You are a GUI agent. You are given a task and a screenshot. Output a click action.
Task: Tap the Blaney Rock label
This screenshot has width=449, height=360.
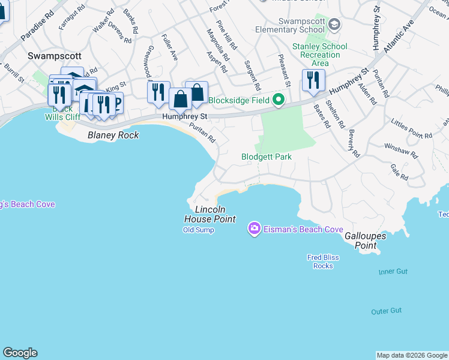(113, 135)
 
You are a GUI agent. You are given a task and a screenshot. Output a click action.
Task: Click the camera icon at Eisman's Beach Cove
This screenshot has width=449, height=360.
(254, 229)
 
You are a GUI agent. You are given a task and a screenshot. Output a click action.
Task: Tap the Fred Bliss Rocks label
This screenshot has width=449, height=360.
(323, 262)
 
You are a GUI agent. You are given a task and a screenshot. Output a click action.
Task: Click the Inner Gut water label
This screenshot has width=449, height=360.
(393, 272)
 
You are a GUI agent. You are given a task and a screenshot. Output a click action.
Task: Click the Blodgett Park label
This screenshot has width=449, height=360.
(267, 157)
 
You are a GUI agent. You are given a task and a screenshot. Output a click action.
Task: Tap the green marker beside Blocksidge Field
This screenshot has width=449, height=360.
(279, 100)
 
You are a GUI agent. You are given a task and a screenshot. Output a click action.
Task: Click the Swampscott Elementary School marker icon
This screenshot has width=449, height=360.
(334, 25)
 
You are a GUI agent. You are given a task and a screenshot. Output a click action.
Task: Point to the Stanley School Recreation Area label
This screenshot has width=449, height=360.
(319, 55)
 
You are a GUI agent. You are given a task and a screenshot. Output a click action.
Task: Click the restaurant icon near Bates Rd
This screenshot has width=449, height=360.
(313, 80)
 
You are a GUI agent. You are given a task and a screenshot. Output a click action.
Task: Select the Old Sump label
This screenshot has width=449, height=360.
(198, 230)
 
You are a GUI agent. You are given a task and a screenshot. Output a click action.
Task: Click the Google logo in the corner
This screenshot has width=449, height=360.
(20, 353)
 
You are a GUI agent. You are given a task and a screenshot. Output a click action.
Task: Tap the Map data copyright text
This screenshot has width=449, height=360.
(412, 355)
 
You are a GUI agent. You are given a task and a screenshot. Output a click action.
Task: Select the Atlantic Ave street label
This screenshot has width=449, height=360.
(400, 35)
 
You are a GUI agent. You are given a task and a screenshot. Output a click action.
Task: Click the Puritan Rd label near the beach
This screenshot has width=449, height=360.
(202, 133)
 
